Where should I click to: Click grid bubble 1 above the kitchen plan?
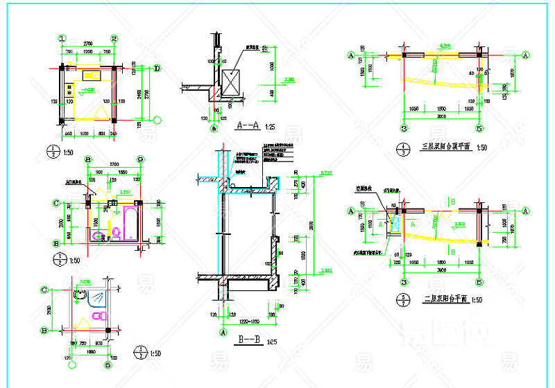point(62,39)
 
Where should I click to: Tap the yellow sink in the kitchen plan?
point(91,74)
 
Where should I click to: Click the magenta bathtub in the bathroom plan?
point(129,227)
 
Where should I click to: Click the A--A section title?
point(248,125)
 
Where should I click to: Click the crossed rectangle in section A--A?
point(230,81)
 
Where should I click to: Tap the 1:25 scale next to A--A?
point(270,127)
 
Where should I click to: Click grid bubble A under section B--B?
point(223,332)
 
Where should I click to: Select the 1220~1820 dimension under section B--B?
point(248,322)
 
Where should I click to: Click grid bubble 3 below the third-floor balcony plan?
point(404,128)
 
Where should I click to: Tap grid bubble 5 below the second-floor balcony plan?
point(479,283)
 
